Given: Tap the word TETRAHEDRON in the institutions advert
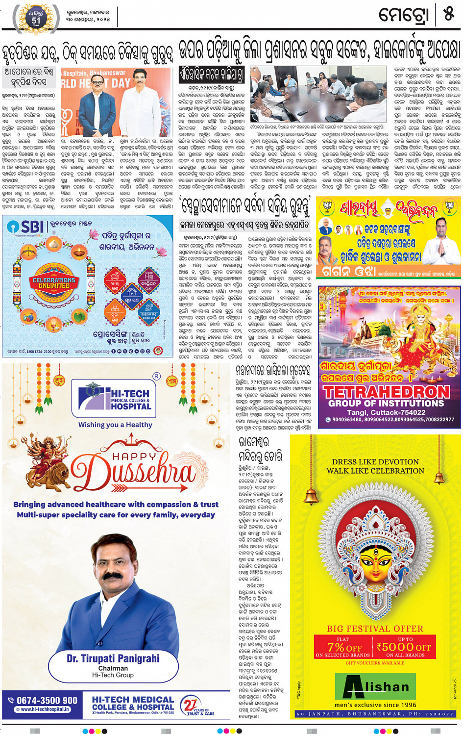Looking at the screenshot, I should pos(386,392).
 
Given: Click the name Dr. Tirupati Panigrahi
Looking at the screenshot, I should pos(113,658).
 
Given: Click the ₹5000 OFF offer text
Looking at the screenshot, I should pos(404,647).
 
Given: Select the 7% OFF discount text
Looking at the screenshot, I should pos(344,647).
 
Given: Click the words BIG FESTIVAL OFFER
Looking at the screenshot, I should pos(375,629).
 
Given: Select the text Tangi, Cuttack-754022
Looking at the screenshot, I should pos(386,412).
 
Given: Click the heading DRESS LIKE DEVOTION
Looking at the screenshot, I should pos(375,462).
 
